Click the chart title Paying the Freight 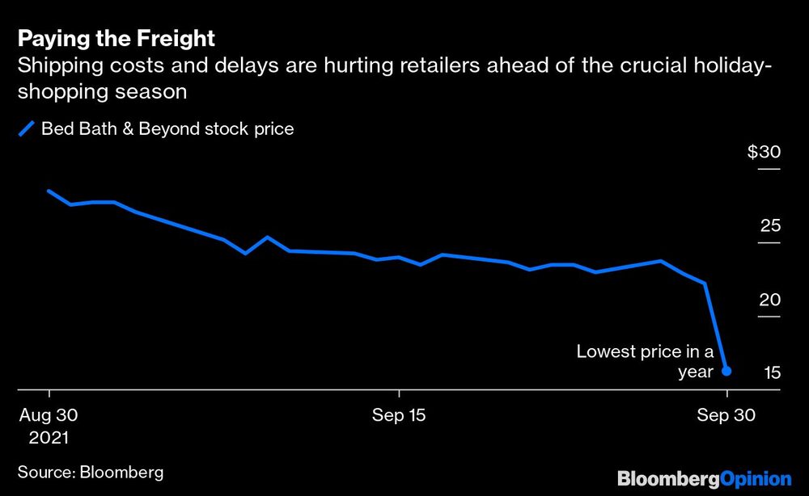pyautogui.click(x=116, y=39)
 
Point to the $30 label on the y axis pyautogui.click(x=764, y=153)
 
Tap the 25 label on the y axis pyautogui.click(x=769, y=225)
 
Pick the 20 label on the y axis pyautogui.click(x=769, y=300)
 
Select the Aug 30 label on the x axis pyautogui.click(x=49, y=415)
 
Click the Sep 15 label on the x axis pyautogui.click(x=399, y=415)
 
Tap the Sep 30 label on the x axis pyautogui.click(x=727, y=415)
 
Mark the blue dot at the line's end pyautogui.click(x=726, y=371)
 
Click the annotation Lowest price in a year pyautogui.click(x=645, y=361)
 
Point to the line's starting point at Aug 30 pyautogui.click(x=49, y=191)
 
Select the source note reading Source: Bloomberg pyautogui.click(x=91, y=471)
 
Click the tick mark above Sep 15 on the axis pyautogui.click(x=399, y=396)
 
